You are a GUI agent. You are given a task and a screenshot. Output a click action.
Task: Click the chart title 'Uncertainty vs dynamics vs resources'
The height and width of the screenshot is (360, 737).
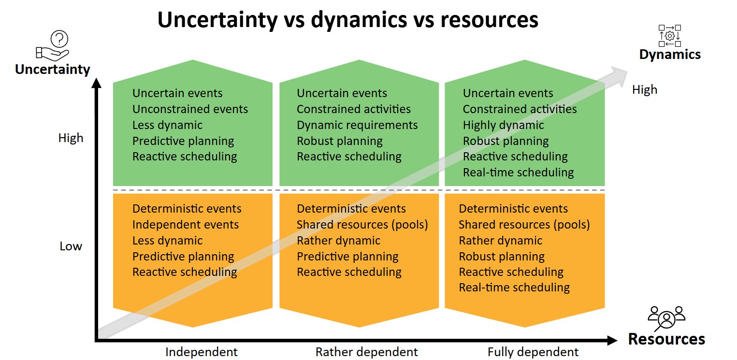pyautogui.click(x=348, y=20)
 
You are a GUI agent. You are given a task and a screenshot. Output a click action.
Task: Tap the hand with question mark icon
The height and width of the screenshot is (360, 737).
pyautogui.click(x=53, y=46)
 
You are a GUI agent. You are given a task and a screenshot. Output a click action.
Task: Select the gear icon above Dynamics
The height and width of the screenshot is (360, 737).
pyautogui.click(x=669, y=36)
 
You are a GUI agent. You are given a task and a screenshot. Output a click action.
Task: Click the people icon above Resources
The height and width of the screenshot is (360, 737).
pyautogui.click(x=666, y=318)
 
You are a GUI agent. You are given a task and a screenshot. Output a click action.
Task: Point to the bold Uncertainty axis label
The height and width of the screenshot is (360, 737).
pyautogui.click(x=53, y=70)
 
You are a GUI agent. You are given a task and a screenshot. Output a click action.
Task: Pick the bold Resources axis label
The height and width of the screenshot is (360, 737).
pyautogui.click(x=666, y=339)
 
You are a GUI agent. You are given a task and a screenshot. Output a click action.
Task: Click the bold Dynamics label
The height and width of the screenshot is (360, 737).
pyautogui.click(x=670, y=54)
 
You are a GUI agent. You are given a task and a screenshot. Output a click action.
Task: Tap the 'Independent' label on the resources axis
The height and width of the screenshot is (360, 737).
pyautogui.click(x=202, y=352)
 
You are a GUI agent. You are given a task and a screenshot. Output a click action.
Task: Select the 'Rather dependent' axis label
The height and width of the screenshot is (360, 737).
pyautogui.click(x=367, y=352)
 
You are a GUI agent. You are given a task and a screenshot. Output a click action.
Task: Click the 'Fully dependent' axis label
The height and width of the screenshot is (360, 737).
pyautogui.click(x=533, y=352)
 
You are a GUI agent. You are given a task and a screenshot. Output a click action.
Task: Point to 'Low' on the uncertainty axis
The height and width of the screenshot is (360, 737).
pyautogui.click(x=71, y=246)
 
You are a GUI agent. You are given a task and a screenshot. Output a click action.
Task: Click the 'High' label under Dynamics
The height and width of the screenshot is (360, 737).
pyautogui.click(x=645, y=90)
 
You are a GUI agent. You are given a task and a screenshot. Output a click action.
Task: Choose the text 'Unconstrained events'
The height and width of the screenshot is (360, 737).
pyautogui.click(x=190, y=109)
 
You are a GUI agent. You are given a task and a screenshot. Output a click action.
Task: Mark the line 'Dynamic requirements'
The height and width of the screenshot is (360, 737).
pyautogui.click(x=357, y=125)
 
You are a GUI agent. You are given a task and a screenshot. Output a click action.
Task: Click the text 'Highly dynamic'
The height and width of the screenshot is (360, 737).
pyautogui.click(x=503, y=125)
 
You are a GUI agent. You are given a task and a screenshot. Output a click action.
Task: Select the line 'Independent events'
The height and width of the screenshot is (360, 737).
pyautogui.click(x=186, y=225)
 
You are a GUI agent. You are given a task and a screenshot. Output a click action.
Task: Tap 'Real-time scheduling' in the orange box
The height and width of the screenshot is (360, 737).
pyautogui.click(x=514, y=288)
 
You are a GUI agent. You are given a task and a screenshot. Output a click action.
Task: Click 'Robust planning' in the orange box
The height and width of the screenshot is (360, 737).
pyautogui.click(x=502, y=257)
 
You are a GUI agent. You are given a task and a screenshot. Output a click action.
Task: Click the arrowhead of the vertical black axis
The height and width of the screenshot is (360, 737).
pyautogui.click(x=97, y=83)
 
